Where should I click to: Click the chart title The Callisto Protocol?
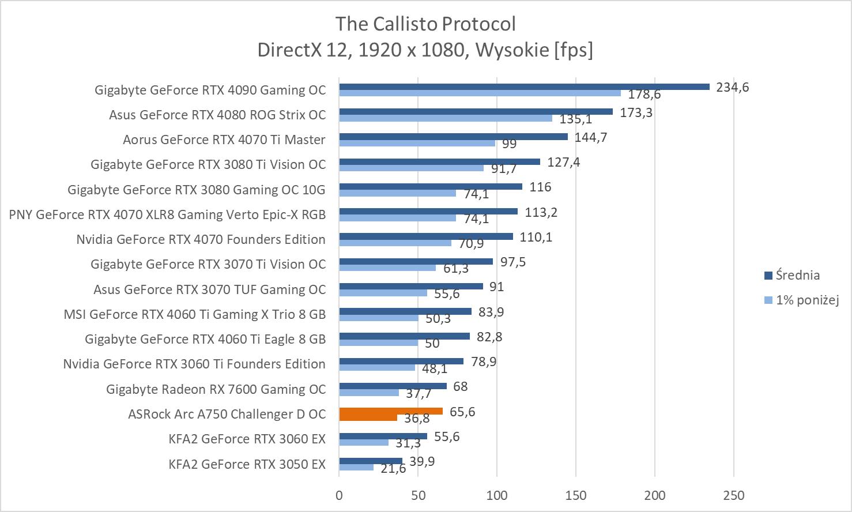(x=425, y=24)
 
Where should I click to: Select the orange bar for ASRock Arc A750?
(x=391, y=411)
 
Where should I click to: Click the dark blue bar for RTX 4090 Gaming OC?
(x=524, y=86)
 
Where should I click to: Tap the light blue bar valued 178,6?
(x=480, y=93)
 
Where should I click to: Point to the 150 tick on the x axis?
(x=576, y=495)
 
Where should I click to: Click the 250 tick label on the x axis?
(x=733, y=495)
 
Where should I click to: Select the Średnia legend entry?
(x=797, y=275)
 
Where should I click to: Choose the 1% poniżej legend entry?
(x=806, y=300)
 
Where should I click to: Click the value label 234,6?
(x=732, y=88)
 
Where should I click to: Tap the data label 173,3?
(x=636, y=112)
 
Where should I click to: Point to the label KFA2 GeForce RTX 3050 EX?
(x=247, y=464)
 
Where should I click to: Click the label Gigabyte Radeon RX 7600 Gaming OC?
(x=216, y=389)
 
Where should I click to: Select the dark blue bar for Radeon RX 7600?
(x=393, y=386)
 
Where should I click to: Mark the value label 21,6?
(x=394, y=469)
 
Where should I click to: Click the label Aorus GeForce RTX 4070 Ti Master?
(x=224, y=140)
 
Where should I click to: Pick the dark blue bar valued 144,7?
(x=453, y=137)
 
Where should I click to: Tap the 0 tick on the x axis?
(x=339, y=495)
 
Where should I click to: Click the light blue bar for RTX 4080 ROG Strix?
(x=445, y=118)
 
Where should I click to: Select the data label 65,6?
(x=462, y=412)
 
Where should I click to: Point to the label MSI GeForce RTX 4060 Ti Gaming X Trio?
(x=194, y=314)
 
